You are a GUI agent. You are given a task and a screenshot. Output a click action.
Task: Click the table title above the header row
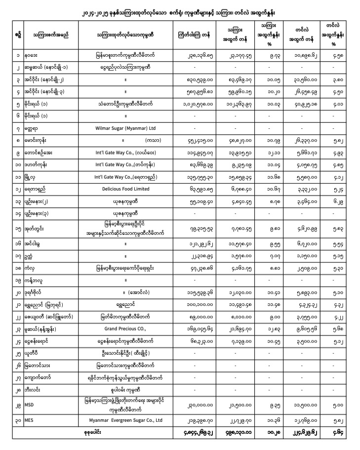pos(180,10)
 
